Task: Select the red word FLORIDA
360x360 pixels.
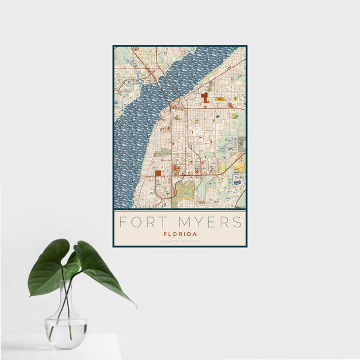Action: [x=179, y=234]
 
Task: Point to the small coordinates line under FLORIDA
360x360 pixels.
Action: [x=179, y=241]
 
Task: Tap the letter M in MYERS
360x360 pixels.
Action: [x=178, y=222]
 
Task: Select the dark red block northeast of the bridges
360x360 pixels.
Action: [x=205, y=97]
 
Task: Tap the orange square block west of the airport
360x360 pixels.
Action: [x=158, y=173]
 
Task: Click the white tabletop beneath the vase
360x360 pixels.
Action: [x=60, y=351]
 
